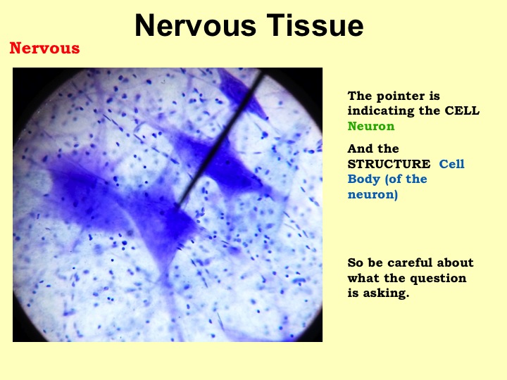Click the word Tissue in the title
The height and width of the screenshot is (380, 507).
pos(315,25)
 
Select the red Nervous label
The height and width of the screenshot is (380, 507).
pos(44,48)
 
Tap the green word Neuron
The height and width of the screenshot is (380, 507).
pos(371,126)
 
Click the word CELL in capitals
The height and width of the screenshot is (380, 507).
pos(462,110)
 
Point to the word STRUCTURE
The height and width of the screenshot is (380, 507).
pos(389,164)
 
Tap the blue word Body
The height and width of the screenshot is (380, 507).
pos(363,179)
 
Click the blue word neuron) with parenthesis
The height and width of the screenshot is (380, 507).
pos(373,194)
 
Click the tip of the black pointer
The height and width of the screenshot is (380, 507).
pos(177,205)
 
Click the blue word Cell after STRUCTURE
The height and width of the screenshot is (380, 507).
pos(451,164)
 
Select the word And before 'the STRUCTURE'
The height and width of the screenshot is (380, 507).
pos(358,148)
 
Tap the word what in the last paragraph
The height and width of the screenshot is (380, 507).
pos(363,278)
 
